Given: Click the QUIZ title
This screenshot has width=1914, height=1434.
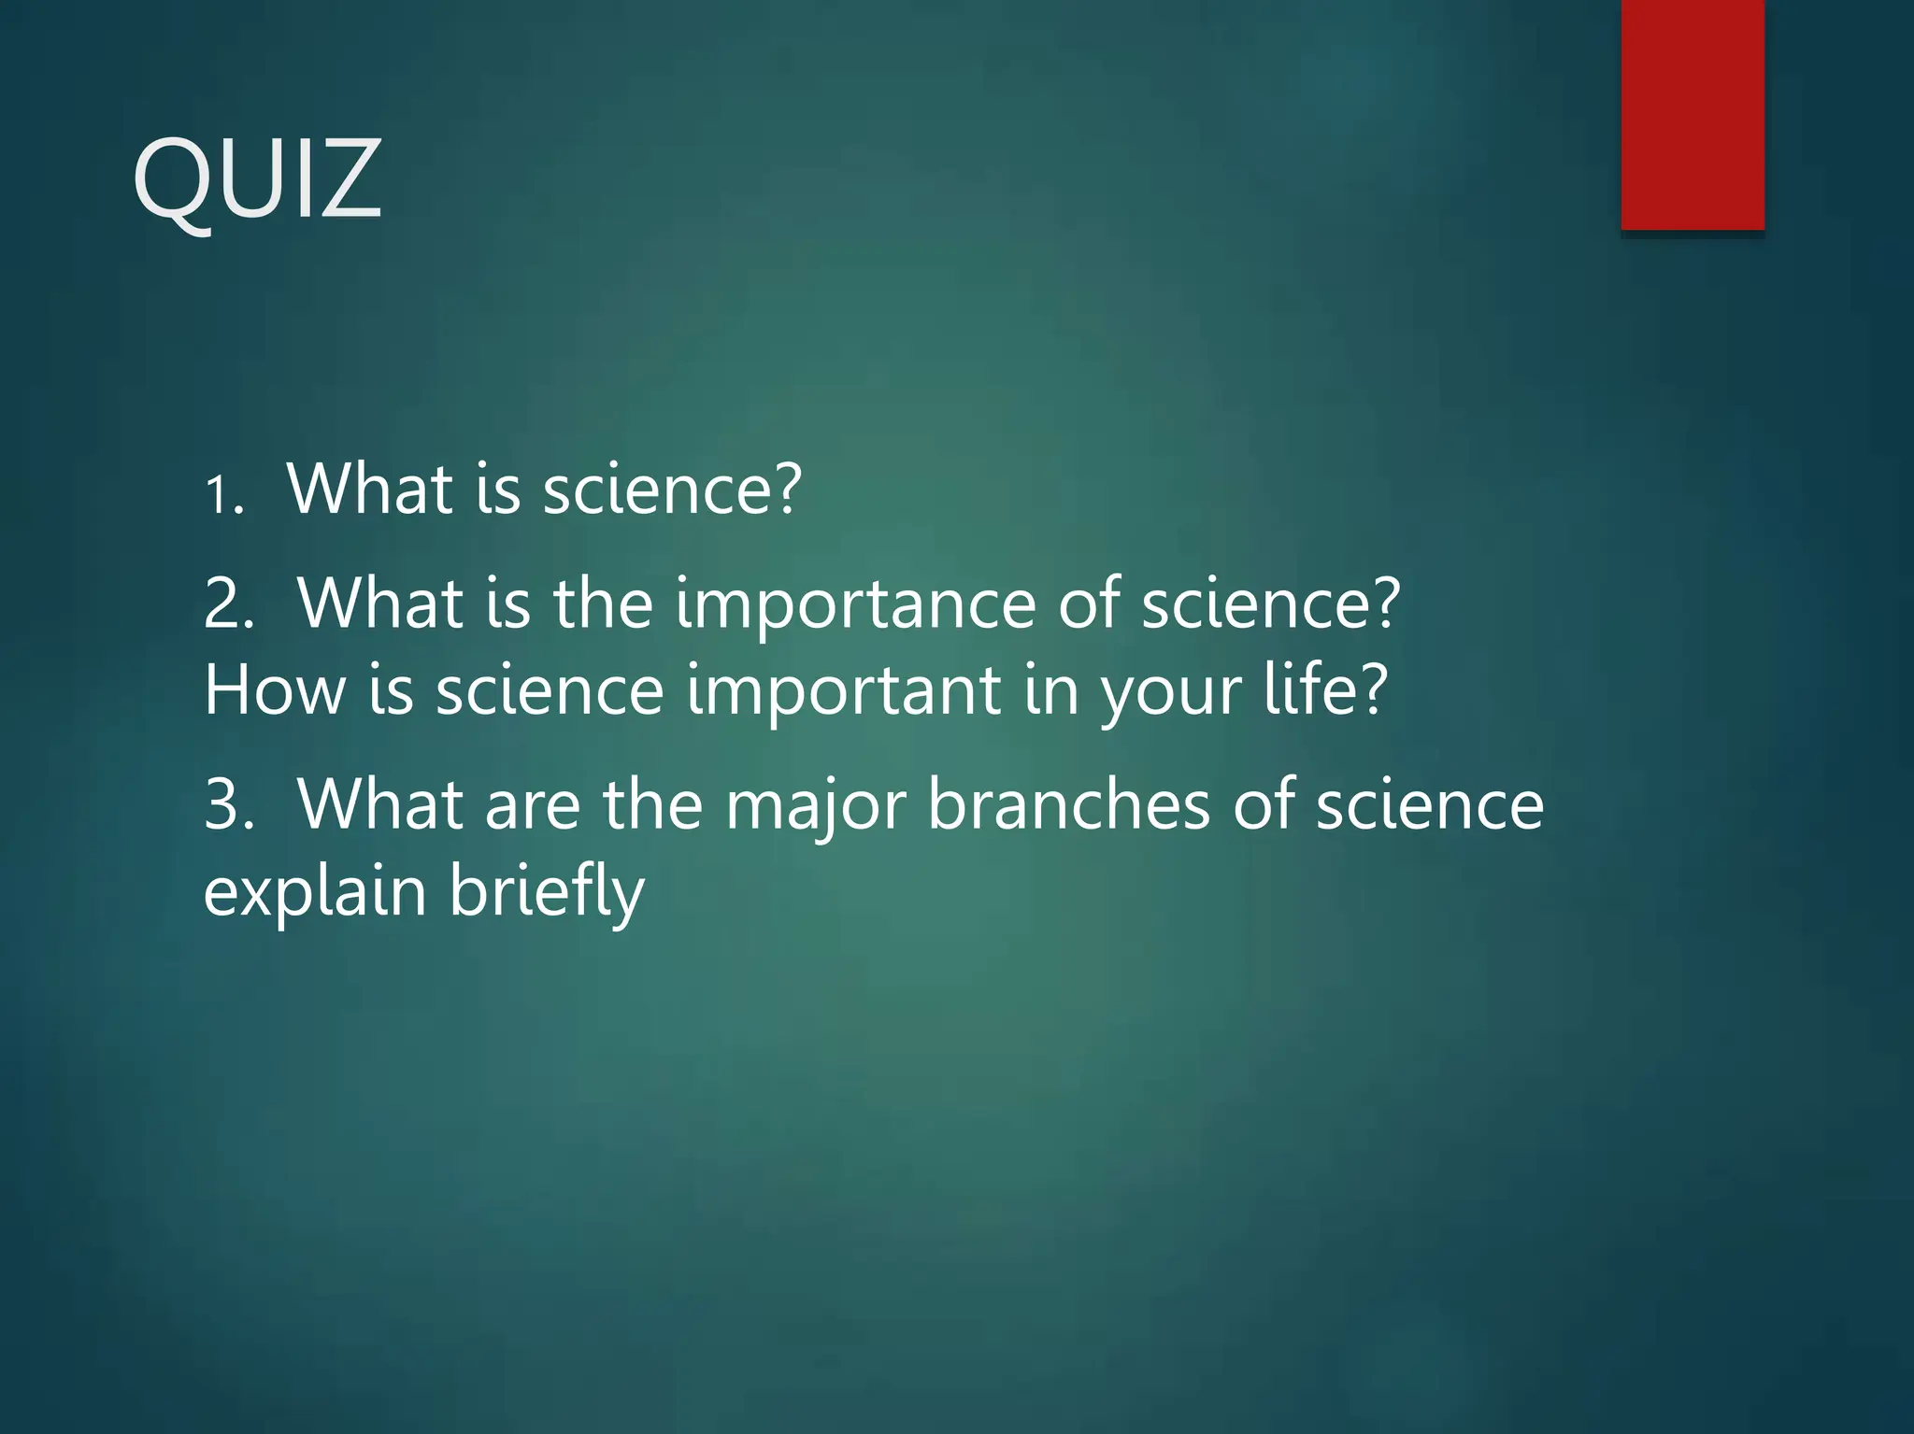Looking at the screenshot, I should (257, 177).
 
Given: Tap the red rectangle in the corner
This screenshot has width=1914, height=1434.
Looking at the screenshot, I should (1693, 114).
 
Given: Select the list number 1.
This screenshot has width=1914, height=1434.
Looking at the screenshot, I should (223, 494).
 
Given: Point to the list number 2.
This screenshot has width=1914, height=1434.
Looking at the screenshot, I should (229, 604).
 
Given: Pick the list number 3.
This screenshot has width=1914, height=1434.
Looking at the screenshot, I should (229, 805).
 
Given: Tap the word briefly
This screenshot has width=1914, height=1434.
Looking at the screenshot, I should (547, 892).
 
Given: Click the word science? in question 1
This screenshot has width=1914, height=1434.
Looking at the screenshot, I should (672, 489).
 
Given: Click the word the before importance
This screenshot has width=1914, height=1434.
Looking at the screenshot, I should (603, 604).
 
